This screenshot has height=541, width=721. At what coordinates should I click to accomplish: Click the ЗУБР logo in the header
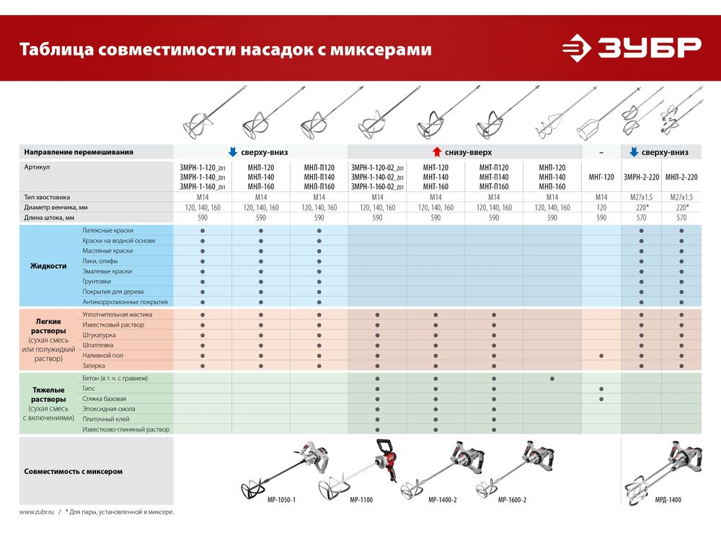pos(632,48)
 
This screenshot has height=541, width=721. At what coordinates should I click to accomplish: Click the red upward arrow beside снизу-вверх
pos(436,152)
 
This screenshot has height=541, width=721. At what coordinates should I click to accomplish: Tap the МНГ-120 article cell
pos(601,177)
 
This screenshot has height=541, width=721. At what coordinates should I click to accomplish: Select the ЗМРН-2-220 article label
pos(641,177)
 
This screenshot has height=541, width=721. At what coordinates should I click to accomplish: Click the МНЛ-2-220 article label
pos(681,177)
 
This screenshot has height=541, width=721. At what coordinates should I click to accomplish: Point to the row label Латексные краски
pos(108,230)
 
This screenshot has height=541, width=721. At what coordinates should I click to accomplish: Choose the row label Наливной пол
pos(103,356)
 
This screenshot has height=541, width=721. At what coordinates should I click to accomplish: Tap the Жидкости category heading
pos(48,265)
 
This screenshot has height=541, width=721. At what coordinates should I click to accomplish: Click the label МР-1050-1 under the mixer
pos(281,499)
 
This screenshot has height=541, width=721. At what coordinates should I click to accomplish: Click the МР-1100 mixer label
pos(360,499)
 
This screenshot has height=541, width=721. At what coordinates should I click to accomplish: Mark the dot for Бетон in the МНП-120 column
pos(552,379)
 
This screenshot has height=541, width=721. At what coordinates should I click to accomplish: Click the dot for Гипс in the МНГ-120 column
pos(601,389)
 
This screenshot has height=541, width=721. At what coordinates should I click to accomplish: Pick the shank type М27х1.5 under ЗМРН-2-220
pos(641,197)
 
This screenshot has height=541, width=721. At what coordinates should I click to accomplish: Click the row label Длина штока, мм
pos(49,217)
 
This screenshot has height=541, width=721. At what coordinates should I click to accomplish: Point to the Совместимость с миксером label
pos(73,471)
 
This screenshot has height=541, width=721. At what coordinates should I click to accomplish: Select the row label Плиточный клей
pos(106,419)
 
